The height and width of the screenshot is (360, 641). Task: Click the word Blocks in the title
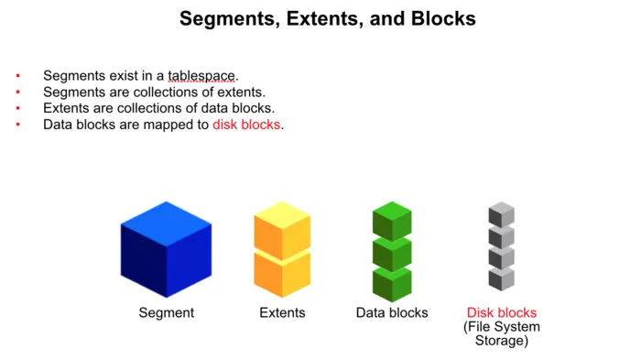[438, 18]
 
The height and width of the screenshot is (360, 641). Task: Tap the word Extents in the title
[294, 18]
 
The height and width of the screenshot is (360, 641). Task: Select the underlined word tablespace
[201, 75]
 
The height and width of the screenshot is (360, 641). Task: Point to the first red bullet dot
[17, 75]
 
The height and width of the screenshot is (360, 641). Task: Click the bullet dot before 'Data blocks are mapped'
[17, 125]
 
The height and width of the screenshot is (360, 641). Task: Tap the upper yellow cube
[282, 225]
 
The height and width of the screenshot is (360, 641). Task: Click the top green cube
[392, 221]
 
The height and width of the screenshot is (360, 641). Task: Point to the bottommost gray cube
[501, 278]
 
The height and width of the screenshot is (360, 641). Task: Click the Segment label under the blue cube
[167, 312]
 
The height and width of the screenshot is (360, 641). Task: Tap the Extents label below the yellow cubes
[282, 312]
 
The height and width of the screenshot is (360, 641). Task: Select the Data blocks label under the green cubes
[392, 312]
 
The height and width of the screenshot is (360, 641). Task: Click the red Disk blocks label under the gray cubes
[502, 312]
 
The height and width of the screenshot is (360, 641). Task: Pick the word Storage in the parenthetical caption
[502, 341]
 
